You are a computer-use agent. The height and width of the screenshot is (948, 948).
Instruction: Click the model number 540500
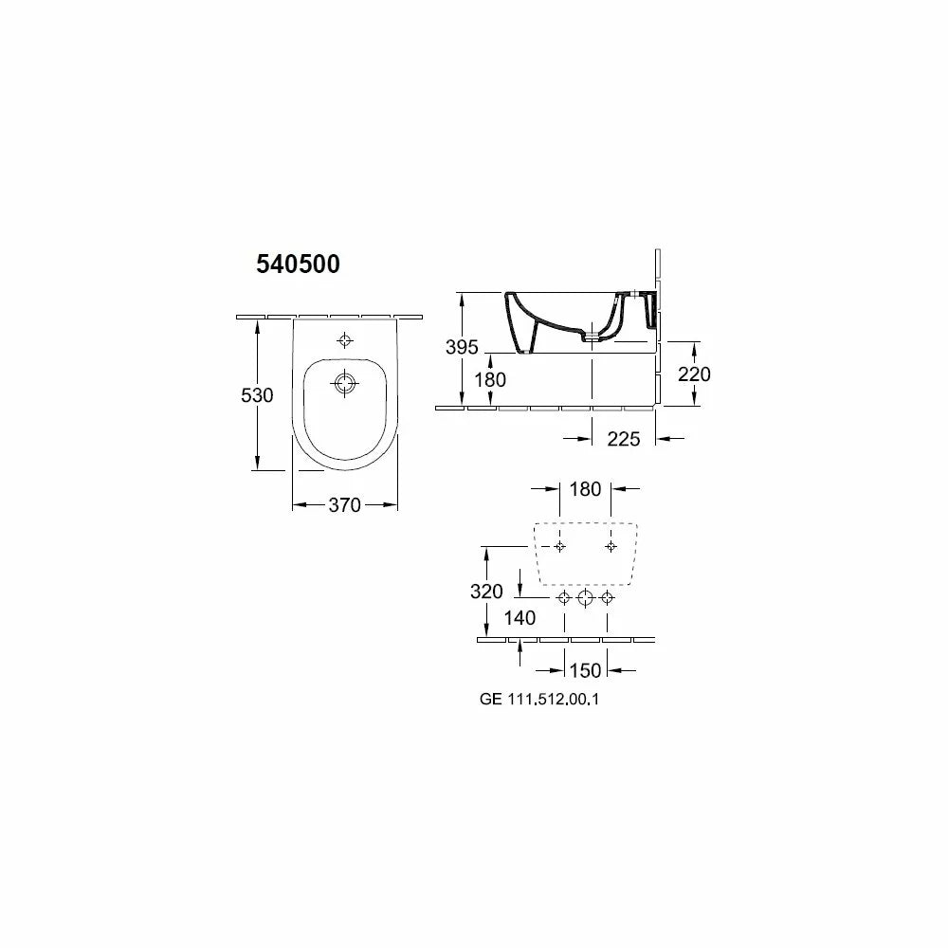pos(298,264)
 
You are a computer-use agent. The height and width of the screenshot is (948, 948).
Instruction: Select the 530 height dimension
pos(257,395)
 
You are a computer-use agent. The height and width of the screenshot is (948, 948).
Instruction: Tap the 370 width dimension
pos(345,505)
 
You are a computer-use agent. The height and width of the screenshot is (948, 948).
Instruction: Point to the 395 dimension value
pos(462,347)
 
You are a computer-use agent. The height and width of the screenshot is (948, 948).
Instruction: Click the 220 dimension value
pos(694,374)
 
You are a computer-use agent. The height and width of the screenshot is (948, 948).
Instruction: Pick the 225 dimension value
pos(624,439)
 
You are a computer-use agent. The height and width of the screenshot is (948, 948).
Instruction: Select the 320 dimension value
pos(486,592)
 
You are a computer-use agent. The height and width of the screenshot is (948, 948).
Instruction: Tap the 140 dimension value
pos(520,618)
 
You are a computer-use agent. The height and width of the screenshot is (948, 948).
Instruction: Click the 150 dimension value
pos(585,670)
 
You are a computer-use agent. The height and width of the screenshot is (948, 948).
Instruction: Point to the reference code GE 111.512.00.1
pos(539,700)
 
